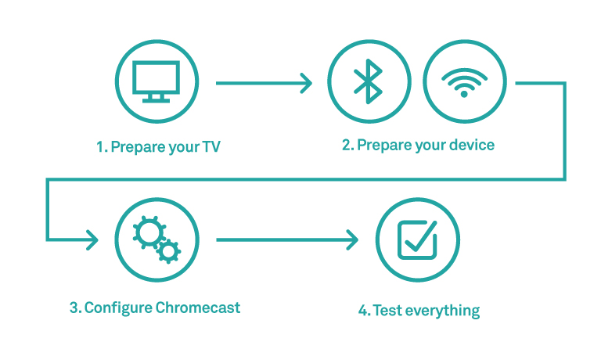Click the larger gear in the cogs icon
coord(148,232)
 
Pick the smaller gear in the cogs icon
coord(167,250)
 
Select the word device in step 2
coord(472,146)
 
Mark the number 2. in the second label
coord(348,146)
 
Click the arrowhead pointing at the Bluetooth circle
coord(306,82)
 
